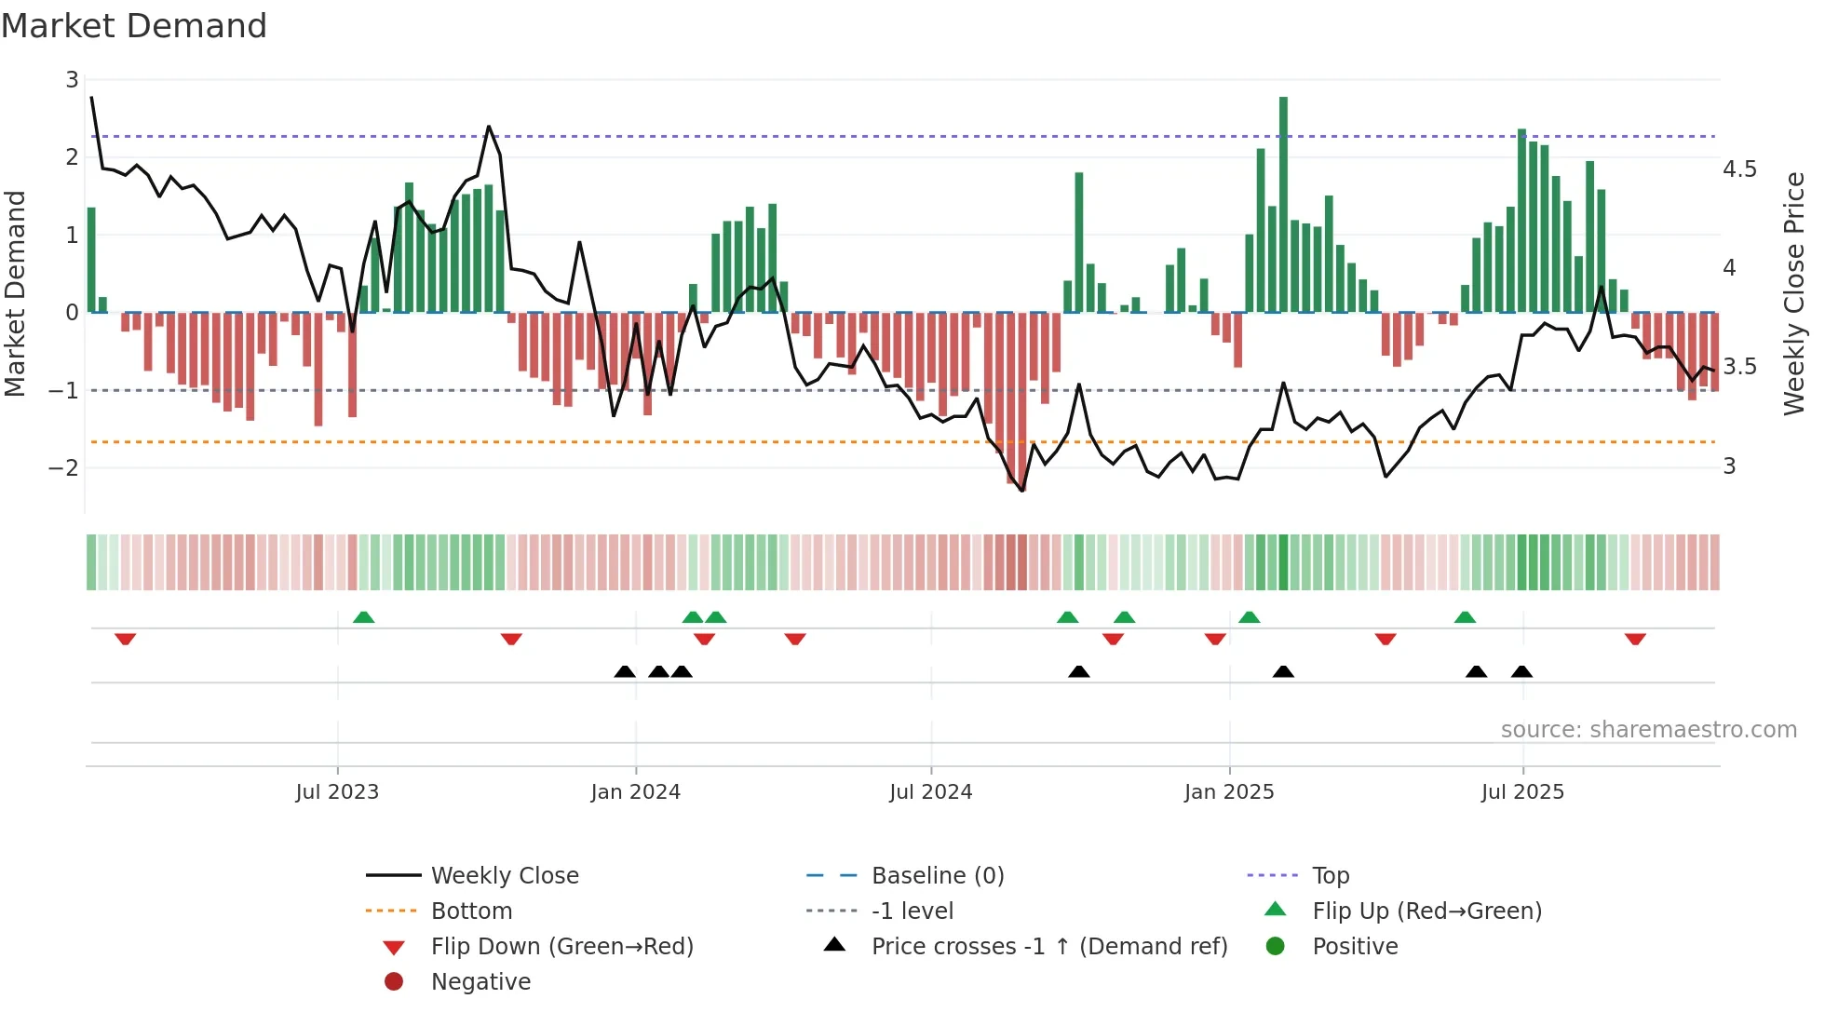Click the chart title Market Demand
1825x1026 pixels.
point(134,26)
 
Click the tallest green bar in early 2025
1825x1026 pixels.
point(1283,205)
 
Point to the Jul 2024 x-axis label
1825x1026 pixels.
point(930,792)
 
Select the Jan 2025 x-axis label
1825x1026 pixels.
point(1228,792)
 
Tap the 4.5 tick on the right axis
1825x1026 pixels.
point(1738,169)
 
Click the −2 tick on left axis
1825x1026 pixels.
point(63,467)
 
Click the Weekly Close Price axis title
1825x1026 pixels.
point(1793,293)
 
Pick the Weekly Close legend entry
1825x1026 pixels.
point(504,876)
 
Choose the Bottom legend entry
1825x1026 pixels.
point(471,911)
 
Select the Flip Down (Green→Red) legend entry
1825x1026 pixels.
point(561,947)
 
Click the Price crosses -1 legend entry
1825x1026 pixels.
point(1048,947)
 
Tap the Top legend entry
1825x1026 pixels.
point(1330,876)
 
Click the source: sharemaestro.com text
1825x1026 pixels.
point(1648,730)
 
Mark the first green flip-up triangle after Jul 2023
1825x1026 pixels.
point(364,617)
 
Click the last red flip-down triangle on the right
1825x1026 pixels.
point(1635,639)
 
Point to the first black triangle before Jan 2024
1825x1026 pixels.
point(625,671)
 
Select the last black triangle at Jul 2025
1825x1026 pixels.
point(1521,671)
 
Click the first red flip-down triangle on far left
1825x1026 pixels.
point(126,639)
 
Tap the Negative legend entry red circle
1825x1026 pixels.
point(394,982)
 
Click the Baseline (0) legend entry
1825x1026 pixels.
point(937,876)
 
